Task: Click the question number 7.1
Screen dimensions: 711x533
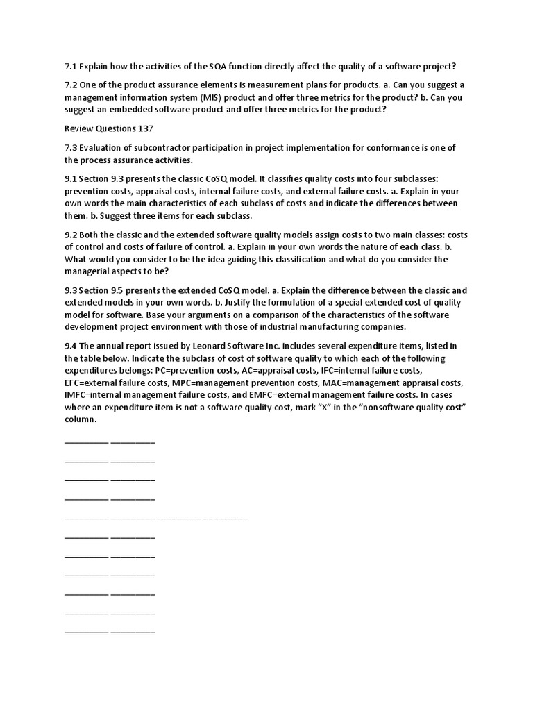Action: pyautogui.click(x=70, y=67)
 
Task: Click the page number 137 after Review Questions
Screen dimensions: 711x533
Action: pyautogui.click(x=146, y=128)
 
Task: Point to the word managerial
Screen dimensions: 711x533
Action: pyautogui.click(x=90, y=271)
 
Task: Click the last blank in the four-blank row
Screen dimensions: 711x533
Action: pyautogui.click(x=226, y=518)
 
